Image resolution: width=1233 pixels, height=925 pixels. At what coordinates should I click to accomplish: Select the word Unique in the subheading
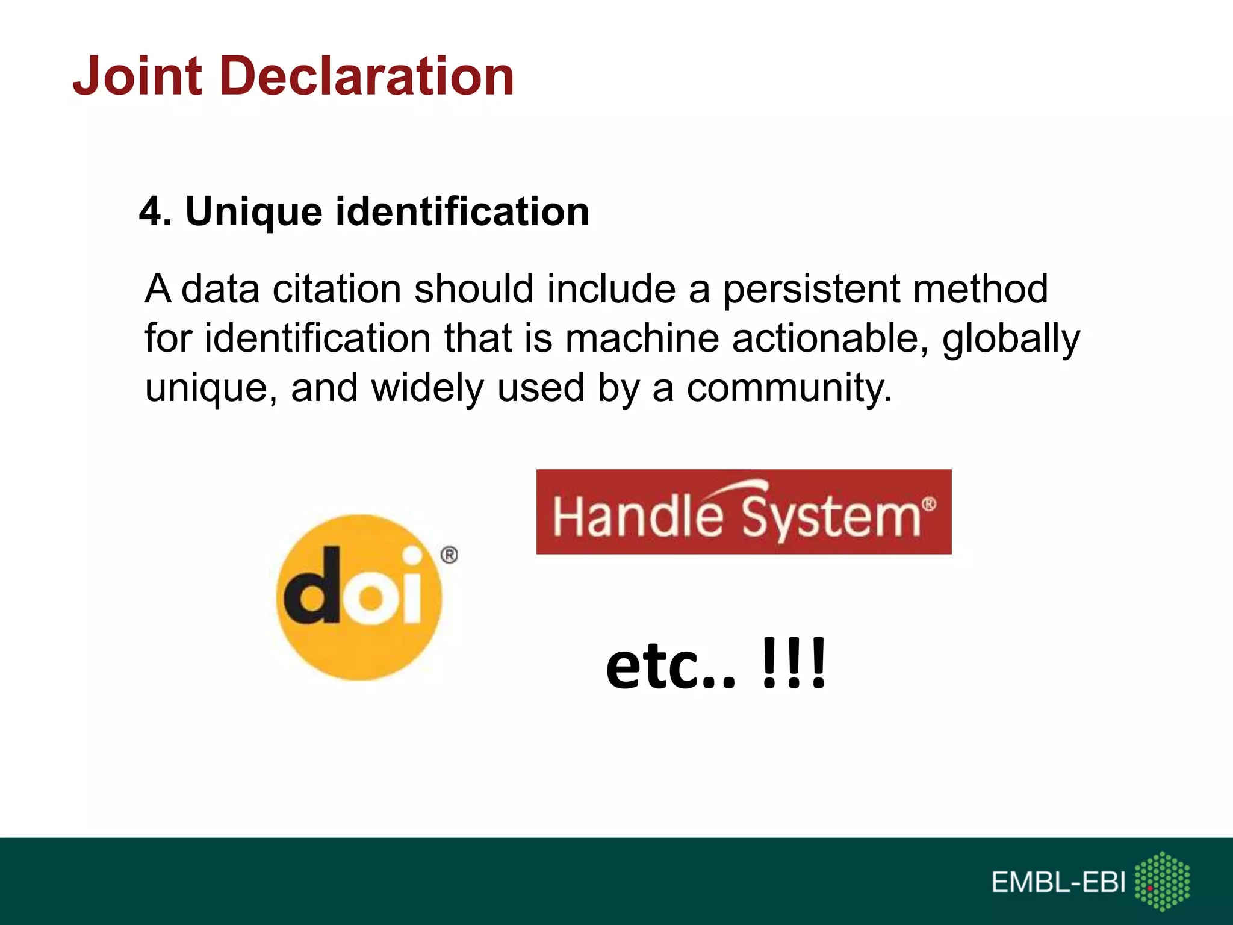click(253, 212)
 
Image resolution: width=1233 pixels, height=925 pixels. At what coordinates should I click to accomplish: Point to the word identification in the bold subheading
click(462, 212)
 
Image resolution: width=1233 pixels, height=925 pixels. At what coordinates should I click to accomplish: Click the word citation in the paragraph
click(337, 289)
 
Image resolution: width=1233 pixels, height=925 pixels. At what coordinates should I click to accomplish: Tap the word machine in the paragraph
click(642, 338)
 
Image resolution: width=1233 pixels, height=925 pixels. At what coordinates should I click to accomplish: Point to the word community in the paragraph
click(789, 389)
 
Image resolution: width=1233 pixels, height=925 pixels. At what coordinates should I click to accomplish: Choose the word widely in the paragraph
click(427, 389)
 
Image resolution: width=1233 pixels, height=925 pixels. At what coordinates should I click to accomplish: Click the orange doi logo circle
click(359, 644)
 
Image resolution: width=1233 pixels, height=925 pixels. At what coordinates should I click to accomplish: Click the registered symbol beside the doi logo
click(449, 555)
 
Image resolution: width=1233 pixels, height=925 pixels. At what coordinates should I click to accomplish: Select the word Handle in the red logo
click(638, 516)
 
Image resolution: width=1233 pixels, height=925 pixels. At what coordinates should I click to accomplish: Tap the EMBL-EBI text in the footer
click(1058, 883)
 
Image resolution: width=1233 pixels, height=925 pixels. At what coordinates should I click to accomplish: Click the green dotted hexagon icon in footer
click(1162, 881)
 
